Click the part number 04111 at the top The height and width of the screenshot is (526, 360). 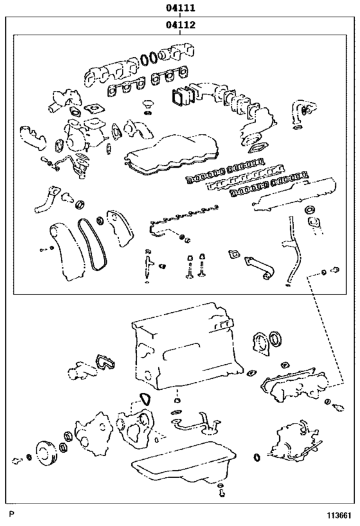pyautogui.click(x=180, y=8)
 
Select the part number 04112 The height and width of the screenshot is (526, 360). pyautogui.click(x=180, y=26)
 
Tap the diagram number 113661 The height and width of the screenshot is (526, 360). pyautogui.click(x=339, y=515)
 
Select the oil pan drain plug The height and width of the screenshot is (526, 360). pyautogui.click(x=221, y=493)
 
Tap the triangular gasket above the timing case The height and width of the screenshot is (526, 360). pyautogui.click(x=145, y=399)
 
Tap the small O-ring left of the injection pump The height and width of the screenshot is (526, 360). pyautogui.click(x=256, y=457)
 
